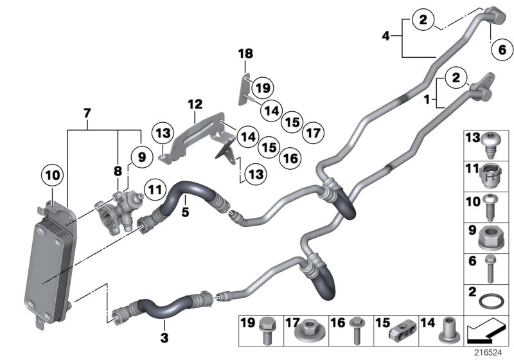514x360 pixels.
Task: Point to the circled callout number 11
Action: coord(154,189)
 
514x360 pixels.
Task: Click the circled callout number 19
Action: coord(261,87)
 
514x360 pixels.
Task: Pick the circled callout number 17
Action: coord(313,133)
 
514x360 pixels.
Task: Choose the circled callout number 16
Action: coord(290,158)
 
